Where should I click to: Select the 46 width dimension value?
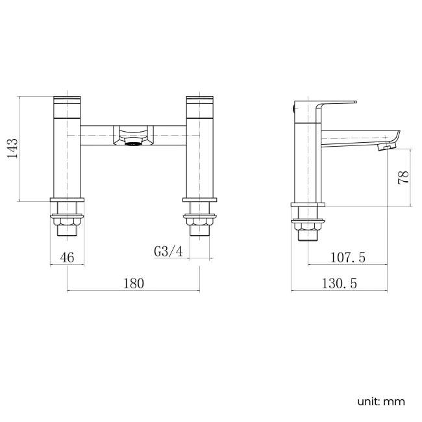point(68,257)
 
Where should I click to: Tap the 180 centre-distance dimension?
point(132,283)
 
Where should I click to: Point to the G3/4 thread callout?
point(168,251)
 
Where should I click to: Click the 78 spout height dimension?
point(403,177)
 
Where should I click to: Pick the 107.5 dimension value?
point(348,258)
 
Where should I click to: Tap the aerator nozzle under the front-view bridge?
point(132,144)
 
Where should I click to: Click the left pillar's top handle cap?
point(68,101)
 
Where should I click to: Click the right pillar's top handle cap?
point(199,101)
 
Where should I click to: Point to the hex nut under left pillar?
point(68,217)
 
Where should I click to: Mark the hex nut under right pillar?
point(199,217)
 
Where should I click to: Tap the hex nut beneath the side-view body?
point(307,225)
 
